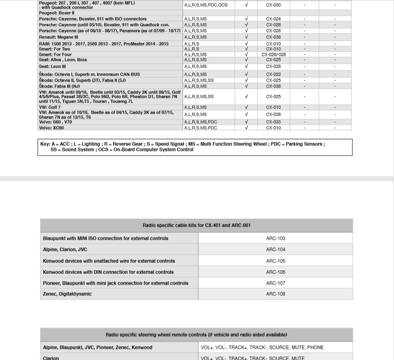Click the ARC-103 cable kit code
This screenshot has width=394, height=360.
(x=275, y=238)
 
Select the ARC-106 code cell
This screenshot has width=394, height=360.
(x=275, y=272)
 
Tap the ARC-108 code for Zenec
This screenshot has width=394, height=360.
(x=275, y=294)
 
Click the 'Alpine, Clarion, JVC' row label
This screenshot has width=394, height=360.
(x=65, y=249)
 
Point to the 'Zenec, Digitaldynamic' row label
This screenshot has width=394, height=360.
(x=67, y=294)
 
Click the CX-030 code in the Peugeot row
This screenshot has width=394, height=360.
(x=273, y=5)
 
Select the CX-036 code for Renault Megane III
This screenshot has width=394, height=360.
(x=273, y=37)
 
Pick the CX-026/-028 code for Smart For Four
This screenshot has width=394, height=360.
(x=274, y=55)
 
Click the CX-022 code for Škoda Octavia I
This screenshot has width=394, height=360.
(x=273, y=74)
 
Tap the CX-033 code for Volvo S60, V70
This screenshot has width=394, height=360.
(x=273, y=122)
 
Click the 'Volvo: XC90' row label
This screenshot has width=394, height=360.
(x=51, y=128)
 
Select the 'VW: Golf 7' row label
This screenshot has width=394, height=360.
(x=50, y=107)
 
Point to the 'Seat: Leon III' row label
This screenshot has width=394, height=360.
(x=55, y=67)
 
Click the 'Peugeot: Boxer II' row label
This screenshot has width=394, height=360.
(x=57, y=13)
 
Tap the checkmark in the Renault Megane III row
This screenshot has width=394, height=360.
(x=246, y=37)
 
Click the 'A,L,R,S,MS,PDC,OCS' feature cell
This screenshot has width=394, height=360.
(x=206, y=5)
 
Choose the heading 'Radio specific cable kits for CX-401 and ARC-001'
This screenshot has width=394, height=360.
(x=196, y=225)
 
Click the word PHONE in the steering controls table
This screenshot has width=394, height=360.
(x=315, y=347)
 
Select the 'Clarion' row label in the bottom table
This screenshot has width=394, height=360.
(x=51, y=358)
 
